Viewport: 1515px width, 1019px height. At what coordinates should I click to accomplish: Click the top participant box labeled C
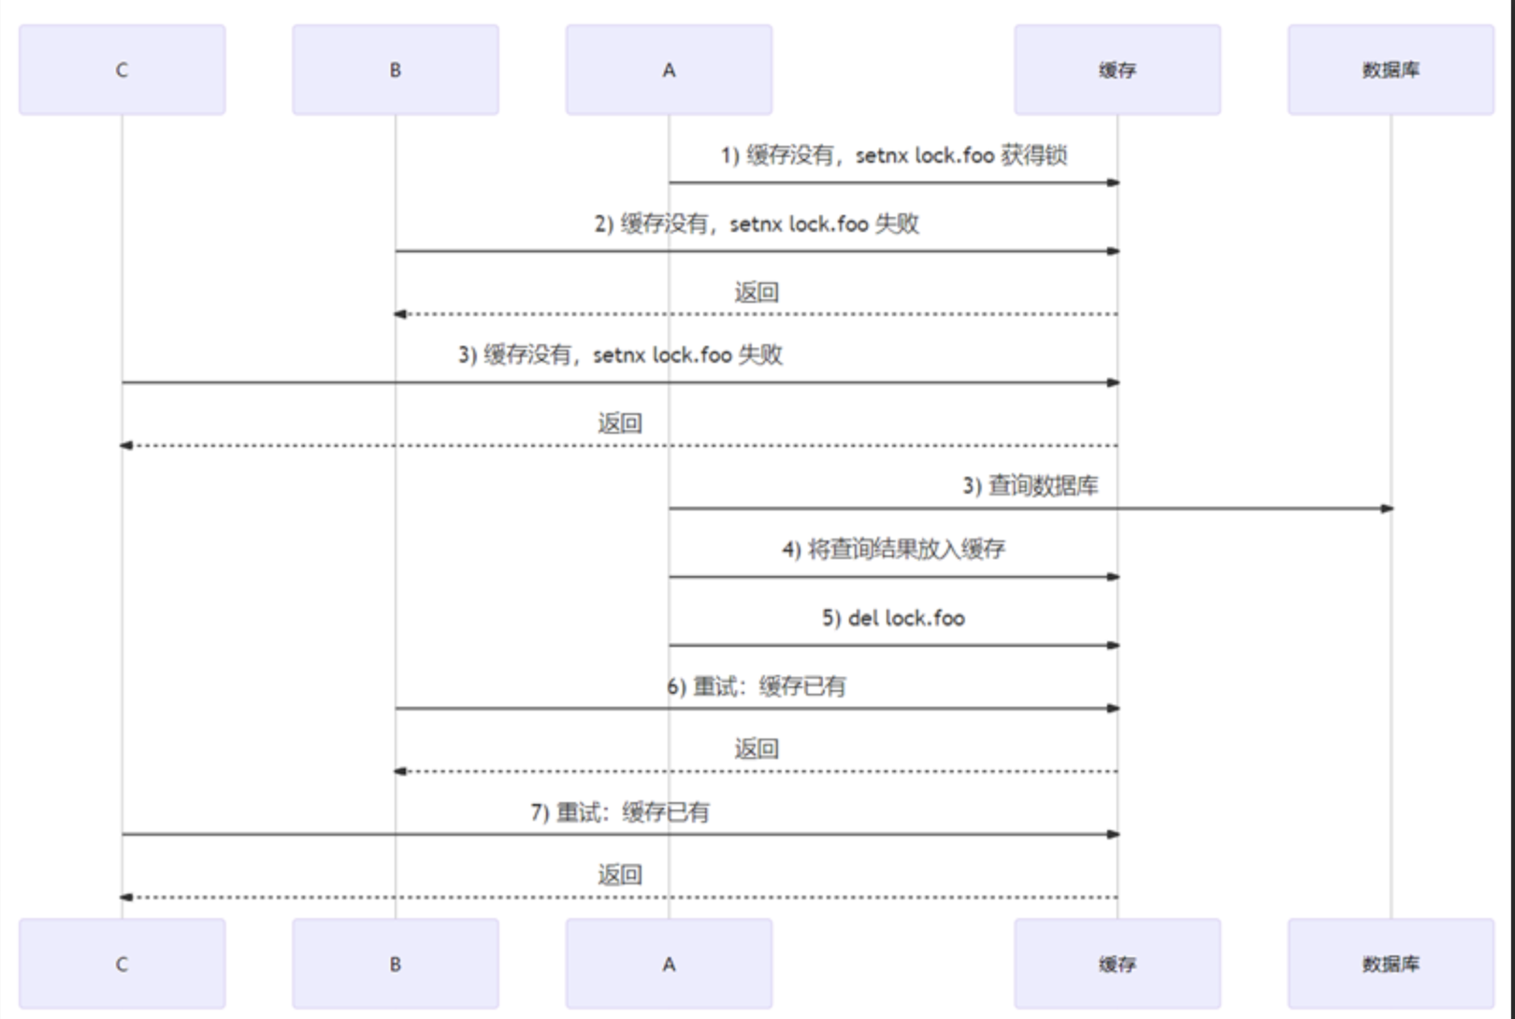122,70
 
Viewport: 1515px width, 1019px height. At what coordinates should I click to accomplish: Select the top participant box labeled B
395,70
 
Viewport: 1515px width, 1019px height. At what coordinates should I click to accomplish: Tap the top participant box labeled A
669,70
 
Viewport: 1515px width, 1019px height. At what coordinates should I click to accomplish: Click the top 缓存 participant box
1117,70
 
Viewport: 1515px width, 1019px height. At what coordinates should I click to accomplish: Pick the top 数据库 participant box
1391,70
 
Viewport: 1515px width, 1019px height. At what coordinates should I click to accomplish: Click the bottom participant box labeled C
122,964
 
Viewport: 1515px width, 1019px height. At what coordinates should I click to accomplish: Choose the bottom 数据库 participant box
1391,964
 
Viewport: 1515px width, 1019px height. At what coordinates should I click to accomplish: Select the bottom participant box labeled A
669,964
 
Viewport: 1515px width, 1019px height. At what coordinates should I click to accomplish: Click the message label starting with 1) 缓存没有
893,155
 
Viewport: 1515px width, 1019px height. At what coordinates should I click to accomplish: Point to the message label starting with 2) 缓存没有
756,224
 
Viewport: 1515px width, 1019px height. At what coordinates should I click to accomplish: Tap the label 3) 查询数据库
1030,486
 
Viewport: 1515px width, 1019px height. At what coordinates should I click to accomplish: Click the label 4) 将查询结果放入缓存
893,549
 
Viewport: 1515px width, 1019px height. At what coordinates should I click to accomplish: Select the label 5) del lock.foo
893,618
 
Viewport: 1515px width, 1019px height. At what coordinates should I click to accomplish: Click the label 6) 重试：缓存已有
756,687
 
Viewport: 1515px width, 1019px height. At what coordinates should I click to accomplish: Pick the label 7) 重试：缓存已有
619,812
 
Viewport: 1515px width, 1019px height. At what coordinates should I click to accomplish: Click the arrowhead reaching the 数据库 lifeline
1387,509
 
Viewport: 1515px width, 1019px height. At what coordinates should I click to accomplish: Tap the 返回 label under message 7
619,875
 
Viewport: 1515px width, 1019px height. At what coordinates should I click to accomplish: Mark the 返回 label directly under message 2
756,293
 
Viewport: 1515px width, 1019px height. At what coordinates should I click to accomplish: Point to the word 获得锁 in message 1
1033,155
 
